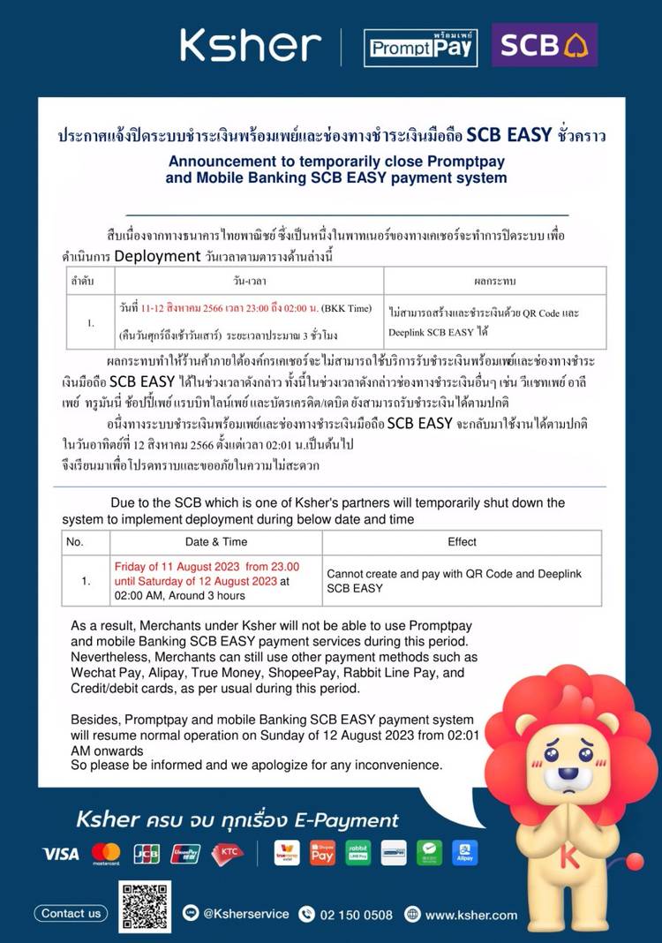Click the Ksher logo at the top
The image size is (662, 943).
click(251, 46)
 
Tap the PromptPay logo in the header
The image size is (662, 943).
click(420, 47)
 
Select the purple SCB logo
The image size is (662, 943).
click(544, 45)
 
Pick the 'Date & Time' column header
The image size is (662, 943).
click(216, 541)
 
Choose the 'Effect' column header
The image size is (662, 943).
click(462, 541)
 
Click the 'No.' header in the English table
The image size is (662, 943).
click(75, 541)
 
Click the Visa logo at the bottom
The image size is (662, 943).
click(60, 854)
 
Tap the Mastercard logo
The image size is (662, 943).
click(106, 854)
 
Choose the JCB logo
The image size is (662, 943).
click(147, 854)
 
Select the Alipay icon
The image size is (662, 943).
click(465, 853)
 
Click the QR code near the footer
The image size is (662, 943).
click(145, 907)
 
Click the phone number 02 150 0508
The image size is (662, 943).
click(357, 915)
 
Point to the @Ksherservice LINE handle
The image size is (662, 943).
click(245, 915)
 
